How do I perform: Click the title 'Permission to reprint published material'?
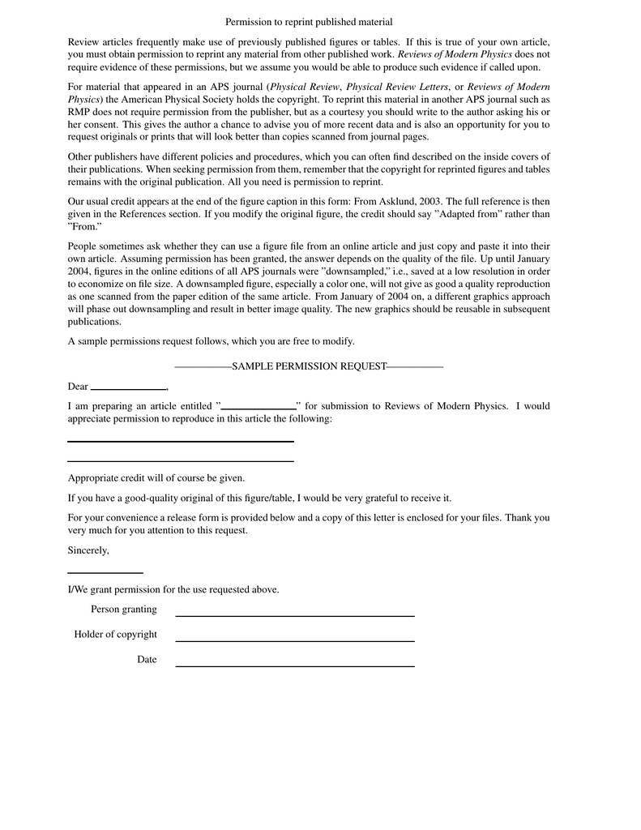tap(309, 22)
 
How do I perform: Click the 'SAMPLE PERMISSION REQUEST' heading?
tap(309, 366)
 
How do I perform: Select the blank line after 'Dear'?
tap(128, 387)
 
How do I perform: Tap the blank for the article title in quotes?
tap(259, 407)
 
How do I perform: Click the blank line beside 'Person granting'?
tap(295, 615)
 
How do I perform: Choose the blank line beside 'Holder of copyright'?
tap(295, 640)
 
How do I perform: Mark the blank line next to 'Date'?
tap(295, 665)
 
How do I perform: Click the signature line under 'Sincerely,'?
tap(105, 572)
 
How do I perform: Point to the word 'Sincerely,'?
tap(88, 550)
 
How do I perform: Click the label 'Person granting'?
tap(124, 610)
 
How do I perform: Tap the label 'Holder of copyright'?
tap(116, 635)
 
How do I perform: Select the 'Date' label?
tap(147, 660)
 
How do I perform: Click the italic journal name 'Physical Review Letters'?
tap(397, 87)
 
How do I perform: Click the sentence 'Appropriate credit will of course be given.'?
tap(156, 478)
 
